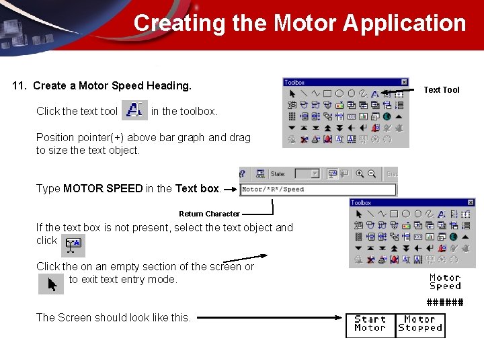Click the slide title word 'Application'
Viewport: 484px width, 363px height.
(x=404, y=23)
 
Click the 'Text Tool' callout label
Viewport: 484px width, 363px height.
(x=441, y=90)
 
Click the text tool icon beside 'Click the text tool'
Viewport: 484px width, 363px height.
(x=135, y=110)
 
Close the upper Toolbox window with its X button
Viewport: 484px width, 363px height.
(x=404, y=83)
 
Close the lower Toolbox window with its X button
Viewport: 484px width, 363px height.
(x=471, y=202)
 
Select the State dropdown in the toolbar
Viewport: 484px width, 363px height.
(x=307, y=173)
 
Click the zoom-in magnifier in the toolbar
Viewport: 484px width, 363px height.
(x=360, y=173)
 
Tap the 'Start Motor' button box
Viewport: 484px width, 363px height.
(x=370, y=324)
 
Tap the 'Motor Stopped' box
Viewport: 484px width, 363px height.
(x=420, y=324)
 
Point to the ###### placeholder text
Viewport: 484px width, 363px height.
(x=445, y=302)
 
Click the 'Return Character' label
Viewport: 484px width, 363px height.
(x=209, y=214)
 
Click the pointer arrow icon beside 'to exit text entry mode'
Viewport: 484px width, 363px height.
(x=51, y=284)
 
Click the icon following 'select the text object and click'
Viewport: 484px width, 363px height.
(x=73, y=245)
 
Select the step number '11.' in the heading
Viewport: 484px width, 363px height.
(x=20, y=85)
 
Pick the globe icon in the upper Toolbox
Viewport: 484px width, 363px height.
(x=387, y=116)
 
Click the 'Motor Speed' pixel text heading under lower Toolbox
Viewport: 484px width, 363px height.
(x=445, y=282)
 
